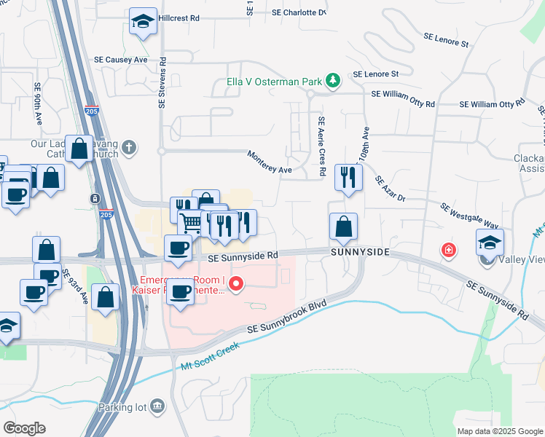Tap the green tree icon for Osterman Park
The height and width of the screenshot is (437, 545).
[x=333, y=80]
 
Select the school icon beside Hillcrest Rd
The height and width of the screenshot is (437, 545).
[x=144, y=22]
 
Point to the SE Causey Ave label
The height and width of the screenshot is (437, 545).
[x=121, y=60]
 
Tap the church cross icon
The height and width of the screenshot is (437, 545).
[x=129, y=148]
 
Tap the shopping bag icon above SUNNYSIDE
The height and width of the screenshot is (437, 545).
[x=343, y=227]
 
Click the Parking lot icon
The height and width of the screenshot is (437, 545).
[x=157, y=407]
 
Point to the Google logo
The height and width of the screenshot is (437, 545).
[x=24, y=428]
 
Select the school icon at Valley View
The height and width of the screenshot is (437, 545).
[x=490, y=243]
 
